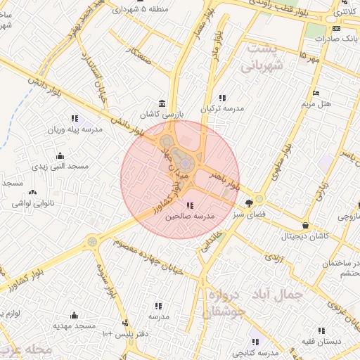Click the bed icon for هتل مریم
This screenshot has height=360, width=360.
(x=316, y=93)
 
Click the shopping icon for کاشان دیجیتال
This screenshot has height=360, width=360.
(x=305, y=226)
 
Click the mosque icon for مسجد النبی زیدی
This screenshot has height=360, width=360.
(x=60, y=156)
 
